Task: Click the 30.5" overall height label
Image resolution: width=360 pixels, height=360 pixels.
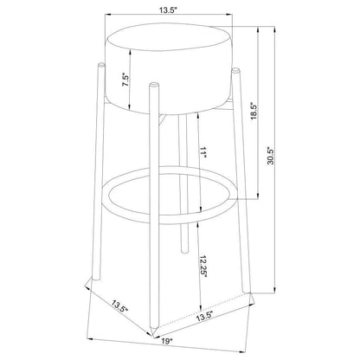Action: click(270, 156)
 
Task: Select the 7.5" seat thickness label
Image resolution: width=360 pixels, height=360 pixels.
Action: click(125, 80)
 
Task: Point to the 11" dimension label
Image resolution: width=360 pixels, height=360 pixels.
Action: click(204, 152)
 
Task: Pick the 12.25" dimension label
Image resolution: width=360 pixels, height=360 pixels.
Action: click(203, 267)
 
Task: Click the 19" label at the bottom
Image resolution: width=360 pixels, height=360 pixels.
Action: click(166, 341)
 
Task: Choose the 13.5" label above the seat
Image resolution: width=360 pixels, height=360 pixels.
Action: click(168, 10)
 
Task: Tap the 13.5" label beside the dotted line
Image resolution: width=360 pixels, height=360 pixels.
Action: click(204, 317)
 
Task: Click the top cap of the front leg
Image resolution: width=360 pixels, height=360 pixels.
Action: click(154, 85)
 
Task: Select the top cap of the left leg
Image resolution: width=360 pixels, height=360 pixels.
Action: click(101, 64)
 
